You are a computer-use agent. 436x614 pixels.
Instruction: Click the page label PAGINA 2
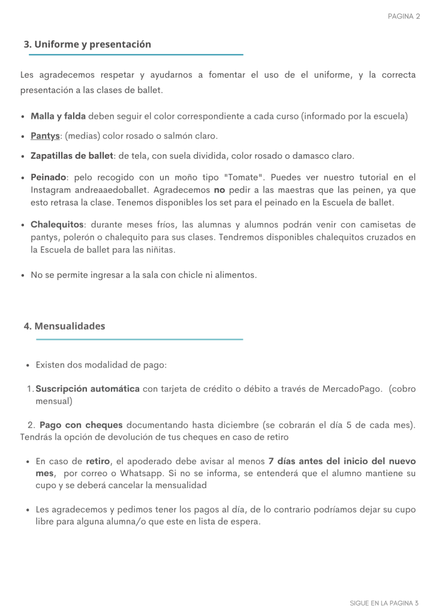tap(404, 17)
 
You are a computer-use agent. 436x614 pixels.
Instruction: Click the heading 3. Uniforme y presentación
tap(87, 44)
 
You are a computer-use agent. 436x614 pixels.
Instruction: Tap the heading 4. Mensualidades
tap(64, 326)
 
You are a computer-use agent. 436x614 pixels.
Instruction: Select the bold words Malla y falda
tap(58, 116)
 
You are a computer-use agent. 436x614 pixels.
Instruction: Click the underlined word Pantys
tap(45, 136)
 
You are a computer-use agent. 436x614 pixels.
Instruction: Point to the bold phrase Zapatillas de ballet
tap(72, 156)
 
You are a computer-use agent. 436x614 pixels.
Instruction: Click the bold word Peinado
tap(48, 178)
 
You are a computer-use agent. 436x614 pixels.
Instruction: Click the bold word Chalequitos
tap(57, 225)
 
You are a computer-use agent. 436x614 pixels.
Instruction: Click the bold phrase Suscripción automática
tap(88, 389)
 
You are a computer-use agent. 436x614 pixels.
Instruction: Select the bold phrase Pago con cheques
tap(81, 425)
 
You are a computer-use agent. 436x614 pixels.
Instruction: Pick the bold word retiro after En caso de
tap(98, 461)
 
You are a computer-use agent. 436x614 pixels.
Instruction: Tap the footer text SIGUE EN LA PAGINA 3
tap(384, 603)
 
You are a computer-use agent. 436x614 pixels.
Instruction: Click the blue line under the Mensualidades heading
tap(139, 339)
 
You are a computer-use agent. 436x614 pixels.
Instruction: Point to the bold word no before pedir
tap(219, 190)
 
